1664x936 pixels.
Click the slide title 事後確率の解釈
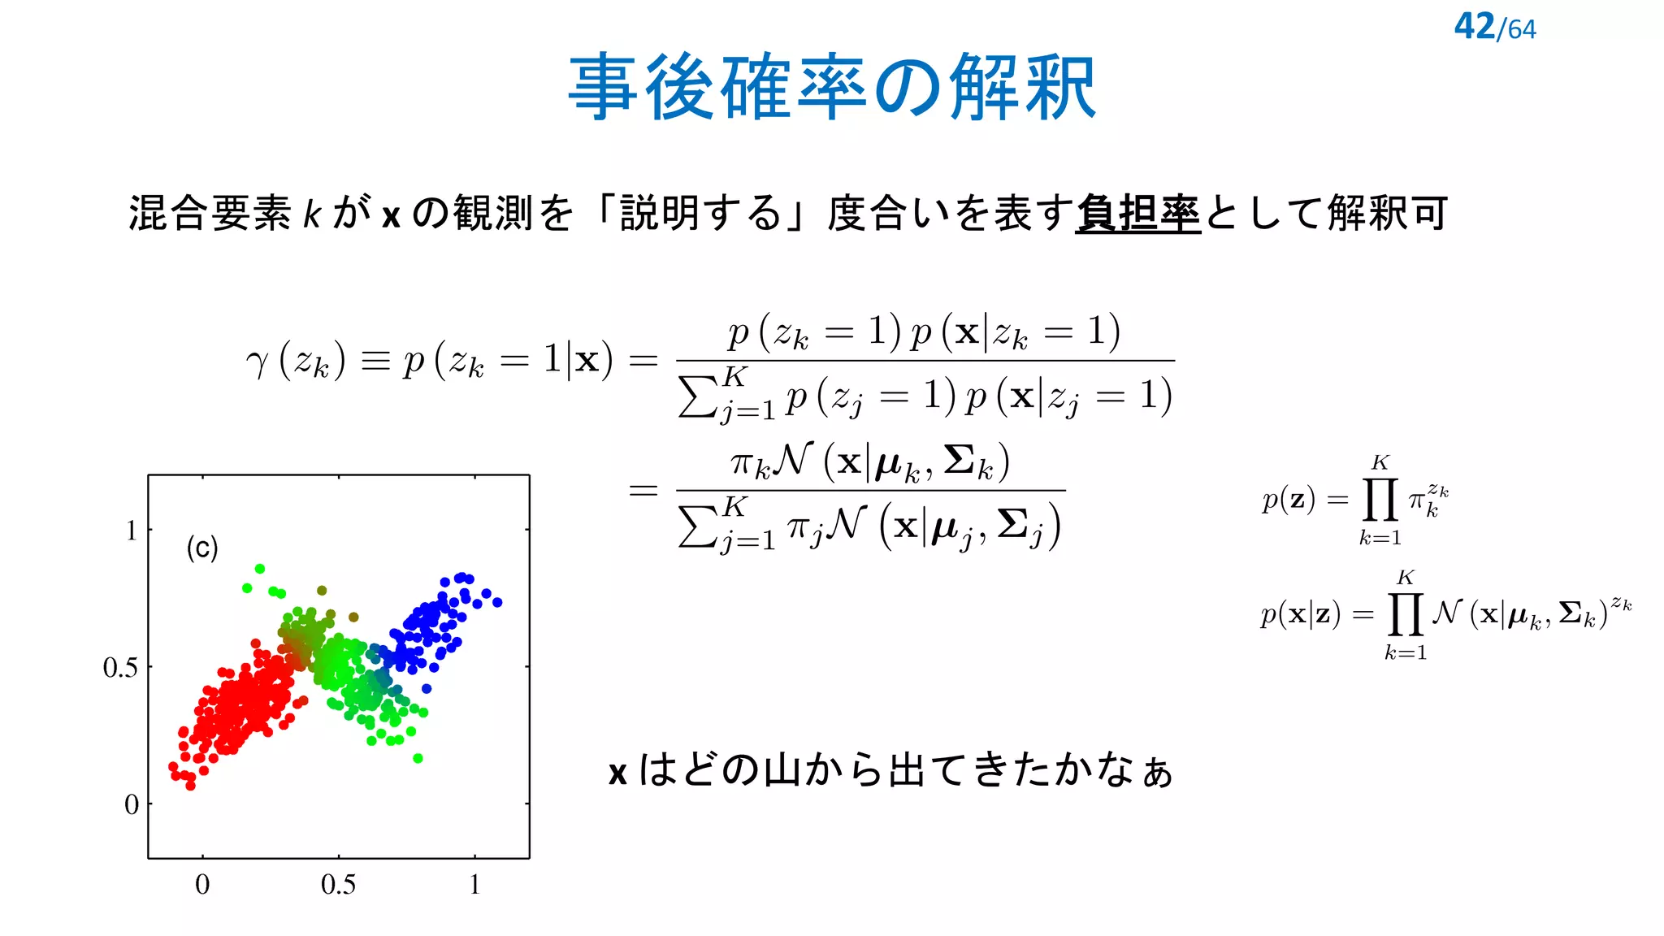[832, 88]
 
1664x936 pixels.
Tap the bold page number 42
[1474, 27]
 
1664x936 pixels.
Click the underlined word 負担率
[1137, 214]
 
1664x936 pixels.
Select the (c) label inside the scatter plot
[202, 548]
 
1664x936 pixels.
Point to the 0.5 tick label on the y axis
[120, 668]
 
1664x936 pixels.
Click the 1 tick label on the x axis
[474, 884]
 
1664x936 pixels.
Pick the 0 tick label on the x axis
[202, 884]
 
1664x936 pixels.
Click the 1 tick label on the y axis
[131, 531]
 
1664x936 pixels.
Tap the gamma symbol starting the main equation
[257, 362]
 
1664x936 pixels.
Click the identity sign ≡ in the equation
[375, 361]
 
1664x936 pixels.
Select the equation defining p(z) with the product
[1355, 500]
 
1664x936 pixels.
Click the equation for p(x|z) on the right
[1445, 615]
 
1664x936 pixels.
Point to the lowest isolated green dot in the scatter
[418, 758]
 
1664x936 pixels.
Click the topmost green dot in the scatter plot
[260, 569]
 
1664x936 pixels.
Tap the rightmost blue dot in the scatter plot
[497, 602]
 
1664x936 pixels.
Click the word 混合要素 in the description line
[210, 214]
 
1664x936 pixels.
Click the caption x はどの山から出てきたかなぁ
[890, 770]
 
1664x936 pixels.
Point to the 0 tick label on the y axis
[132, 804]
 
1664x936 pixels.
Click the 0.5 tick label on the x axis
[338, 884]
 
